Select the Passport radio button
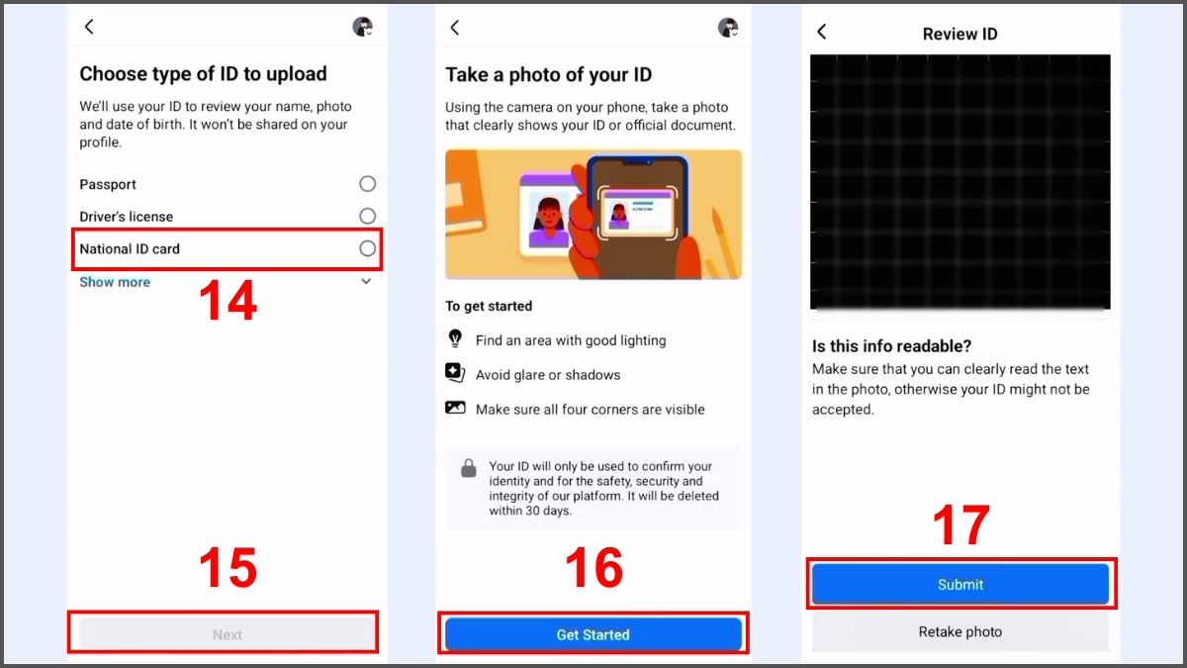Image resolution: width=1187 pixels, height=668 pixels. [x=367, y=184]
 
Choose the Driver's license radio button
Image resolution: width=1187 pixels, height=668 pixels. [x=367, y=216]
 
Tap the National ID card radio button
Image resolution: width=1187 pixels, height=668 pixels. [x=367, y=248]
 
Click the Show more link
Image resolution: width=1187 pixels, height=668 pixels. [x=115, y=282]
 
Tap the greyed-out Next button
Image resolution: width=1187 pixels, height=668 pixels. [x=227, y=634]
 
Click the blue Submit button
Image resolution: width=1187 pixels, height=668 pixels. [x=960, y=584]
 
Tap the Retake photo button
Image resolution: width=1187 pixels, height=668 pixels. [x=960, y=631]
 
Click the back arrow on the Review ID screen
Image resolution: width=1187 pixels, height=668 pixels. [x=821, y=32]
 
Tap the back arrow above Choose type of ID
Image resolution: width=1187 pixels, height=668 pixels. [x=89, y=27]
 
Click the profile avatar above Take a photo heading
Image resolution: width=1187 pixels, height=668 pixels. [x=728, y=28]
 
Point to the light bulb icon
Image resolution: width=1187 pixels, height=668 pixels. [x=455, y=338]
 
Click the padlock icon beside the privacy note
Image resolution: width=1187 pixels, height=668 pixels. [x=469, y=468]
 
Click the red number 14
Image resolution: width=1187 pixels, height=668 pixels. [x=228, y=302]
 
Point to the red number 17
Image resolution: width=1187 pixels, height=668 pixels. [x=960, y=526]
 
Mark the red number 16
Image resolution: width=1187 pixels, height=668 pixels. [x=593, y=569]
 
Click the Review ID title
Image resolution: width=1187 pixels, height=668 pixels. [x=959, y=34]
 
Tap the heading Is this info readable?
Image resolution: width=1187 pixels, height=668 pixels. [x=891, y=346]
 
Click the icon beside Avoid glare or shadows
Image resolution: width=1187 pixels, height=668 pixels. [x=455, y=373]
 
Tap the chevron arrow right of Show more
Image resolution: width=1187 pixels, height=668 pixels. [x=366, y=282]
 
